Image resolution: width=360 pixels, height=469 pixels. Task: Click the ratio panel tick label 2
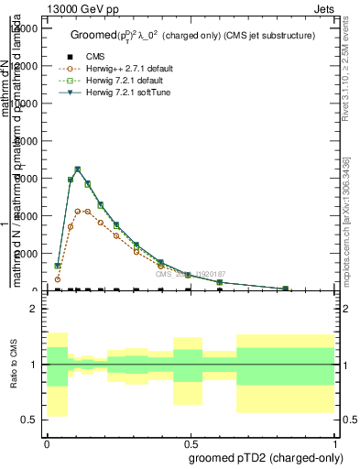33,310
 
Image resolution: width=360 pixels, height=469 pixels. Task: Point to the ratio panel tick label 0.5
30,420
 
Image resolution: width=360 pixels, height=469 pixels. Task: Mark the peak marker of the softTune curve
78,169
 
